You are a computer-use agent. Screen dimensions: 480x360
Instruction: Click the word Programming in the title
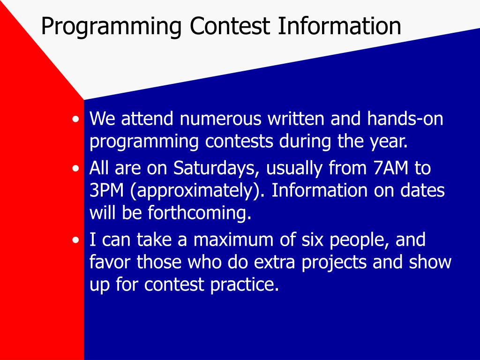(x=112, y=27)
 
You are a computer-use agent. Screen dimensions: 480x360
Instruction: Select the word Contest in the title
(x=230, y=26)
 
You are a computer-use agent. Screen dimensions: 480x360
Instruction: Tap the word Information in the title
(x=339, y=26)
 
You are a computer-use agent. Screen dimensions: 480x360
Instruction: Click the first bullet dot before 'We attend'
(x=75, y=120)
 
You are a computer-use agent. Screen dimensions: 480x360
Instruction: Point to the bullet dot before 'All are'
(x=75, y=169)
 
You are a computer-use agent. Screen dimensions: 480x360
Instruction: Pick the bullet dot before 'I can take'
(x=75, y=240)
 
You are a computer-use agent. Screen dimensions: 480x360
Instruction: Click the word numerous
(x=220, y=119)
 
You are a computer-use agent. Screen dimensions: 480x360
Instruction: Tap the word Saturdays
(x=214, y=168)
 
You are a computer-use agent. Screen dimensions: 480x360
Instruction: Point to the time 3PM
(x=106, y=190)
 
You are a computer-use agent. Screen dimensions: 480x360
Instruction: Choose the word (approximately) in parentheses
(x=197, y=191)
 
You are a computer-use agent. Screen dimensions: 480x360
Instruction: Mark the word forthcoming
(x=199, y=212)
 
